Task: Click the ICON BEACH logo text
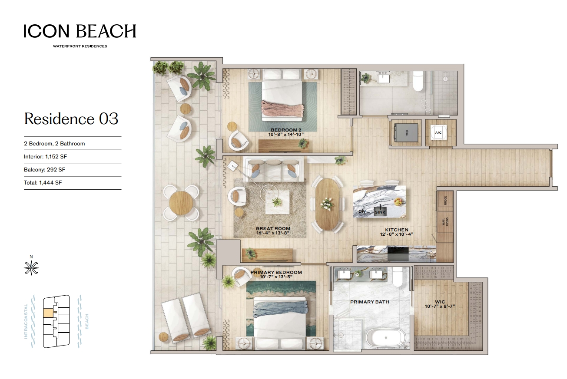click(80, 31)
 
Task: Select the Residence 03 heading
click(71, 119)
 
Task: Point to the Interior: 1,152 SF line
click(45, 157)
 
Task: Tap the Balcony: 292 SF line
click(45, 169)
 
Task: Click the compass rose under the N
click(31, 268)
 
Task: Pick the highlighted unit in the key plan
click(49, 313)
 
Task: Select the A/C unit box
click(438, 132)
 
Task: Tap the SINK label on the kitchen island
click(380, 212)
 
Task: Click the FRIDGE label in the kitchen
click(445, 201)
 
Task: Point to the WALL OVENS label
click(445, 222)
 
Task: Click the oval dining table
click(328, 204)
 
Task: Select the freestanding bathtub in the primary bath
click(386, 338)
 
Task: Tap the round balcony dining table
click(181, 203)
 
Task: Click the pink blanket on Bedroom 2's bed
click(282, 109)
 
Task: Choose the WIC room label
click(440, 302)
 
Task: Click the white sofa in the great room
click(273, 169)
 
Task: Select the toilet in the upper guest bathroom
click(418, 81)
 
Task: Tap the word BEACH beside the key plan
click(87, 321)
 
